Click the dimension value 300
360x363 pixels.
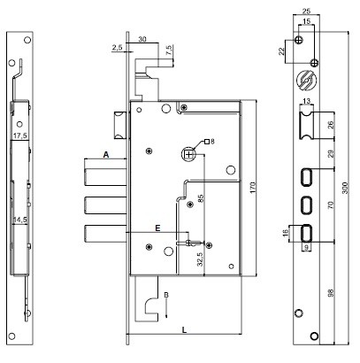point(345,188)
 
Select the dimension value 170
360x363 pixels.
point(253,188)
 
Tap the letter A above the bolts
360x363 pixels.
point(106,154)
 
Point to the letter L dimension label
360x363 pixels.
point(184,329)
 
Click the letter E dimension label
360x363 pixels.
point(157,228)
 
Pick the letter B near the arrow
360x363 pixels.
point(166,295)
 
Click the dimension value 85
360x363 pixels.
point(201,198)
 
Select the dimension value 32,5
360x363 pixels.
point(201,259)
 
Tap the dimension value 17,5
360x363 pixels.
point(19,135)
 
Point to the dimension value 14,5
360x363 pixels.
point(20,220)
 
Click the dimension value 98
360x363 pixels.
point(331,292)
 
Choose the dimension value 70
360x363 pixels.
point(331,205)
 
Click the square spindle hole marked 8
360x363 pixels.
point(188,154)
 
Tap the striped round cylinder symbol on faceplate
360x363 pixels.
point(307,80)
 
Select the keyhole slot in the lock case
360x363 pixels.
point(191,243)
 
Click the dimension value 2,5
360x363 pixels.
point(117,48)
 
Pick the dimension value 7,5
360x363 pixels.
point(169,50)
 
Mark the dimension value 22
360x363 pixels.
point(282,51)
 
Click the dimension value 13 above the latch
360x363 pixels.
point(307,101)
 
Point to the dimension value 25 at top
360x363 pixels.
point(307,12)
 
